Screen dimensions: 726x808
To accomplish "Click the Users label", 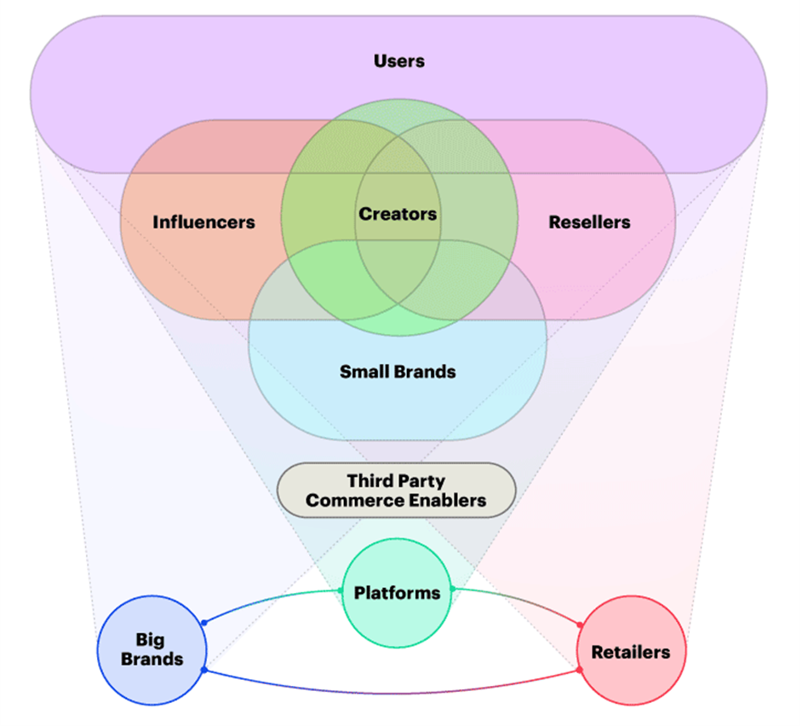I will tap(398, 61).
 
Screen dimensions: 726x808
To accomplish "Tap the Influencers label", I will tap(203, 222).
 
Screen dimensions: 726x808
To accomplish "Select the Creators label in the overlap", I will tap(398, 214).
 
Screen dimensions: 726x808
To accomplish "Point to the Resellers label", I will tap(589, 222).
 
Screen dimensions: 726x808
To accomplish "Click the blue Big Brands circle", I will tap(152, 673).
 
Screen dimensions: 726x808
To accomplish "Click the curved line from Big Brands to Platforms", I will tap(264, 600).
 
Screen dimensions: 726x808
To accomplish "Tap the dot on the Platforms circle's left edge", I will tap(341, 591).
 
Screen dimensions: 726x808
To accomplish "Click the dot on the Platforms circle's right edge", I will tap(452, 589).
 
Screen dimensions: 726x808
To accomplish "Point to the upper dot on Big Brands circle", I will tap(203, 623).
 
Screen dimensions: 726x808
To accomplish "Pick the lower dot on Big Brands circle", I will tap(203, 670).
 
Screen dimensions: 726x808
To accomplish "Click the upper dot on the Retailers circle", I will tap(580, 625).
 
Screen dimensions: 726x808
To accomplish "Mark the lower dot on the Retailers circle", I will tap(580, 671).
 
